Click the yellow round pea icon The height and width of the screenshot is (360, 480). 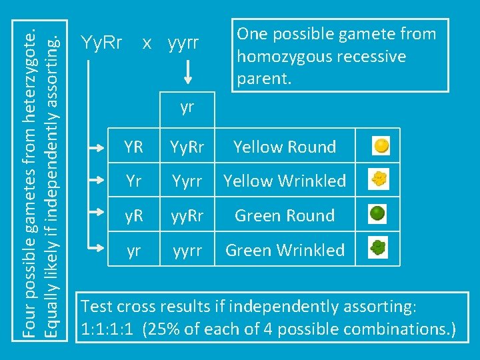[381, 145]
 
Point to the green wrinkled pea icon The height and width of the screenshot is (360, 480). [379, 249]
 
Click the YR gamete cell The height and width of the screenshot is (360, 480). [133, 147]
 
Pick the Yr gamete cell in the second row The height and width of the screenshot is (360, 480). [133, 181]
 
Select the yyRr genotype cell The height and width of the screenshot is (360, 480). [187, 215]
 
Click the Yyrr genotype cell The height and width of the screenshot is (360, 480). [187, 181]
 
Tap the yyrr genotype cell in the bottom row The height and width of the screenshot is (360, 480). [187, 250]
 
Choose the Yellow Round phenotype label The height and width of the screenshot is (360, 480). [285, 147]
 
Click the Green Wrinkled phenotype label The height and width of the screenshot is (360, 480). [285, 250]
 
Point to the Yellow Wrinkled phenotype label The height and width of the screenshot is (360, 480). [285, 181]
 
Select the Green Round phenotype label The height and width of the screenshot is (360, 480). [285, 215]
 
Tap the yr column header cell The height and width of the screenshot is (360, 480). [187, 107]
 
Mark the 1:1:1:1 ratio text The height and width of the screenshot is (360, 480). [109, 329]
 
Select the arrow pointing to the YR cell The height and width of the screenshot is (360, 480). [100, 146]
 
